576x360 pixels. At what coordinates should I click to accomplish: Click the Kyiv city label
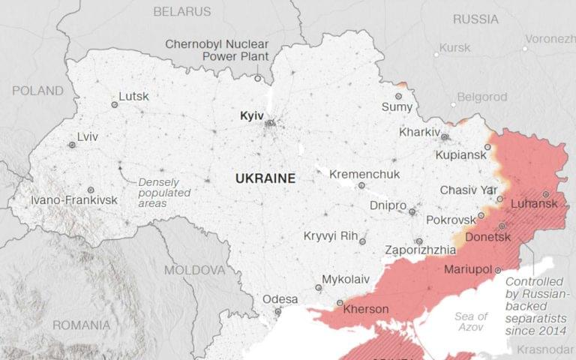pyautogui.click(x=251, y=116)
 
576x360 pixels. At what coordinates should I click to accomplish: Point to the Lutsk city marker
pyautogui.click(x=115, y=105)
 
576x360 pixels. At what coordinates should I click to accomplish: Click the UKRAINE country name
pyautogui.click(x=265, y=178)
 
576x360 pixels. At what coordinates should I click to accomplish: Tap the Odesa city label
pyautogui.click(x=280, y=299)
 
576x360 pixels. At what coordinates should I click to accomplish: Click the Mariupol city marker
pyautogui.click(x=496, y=268)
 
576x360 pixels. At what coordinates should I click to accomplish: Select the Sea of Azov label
pyautogui.click(x=471, y=322)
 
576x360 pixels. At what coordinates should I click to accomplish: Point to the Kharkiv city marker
pyautogui.click(x=445, y=137)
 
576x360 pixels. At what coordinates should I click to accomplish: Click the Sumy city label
pyautogui.click(x=397, y=107)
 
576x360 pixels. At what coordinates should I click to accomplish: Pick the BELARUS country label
pyautogui.click(x=182, y=11)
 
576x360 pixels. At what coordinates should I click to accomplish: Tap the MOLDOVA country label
pyautogui.click(x=194, y=269)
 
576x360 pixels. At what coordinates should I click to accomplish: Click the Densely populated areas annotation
pyautogui.click(x=163, y=193)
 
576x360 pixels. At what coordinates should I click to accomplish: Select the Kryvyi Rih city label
pyautogui.click(x=330, y=235)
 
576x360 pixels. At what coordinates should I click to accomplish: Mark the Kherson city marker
pyautogui.click(x=338, y=303)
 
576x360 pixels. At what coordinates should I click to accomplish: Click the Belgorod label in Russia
pyautogui.click(x=482, y=97)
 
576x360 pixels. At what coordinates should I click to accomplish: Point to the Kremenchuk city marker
pyautogui.click(x=361, y=185)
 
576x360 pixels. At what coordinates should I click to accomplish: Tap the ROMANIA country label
pyautogui.click(x=81, y=325)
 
